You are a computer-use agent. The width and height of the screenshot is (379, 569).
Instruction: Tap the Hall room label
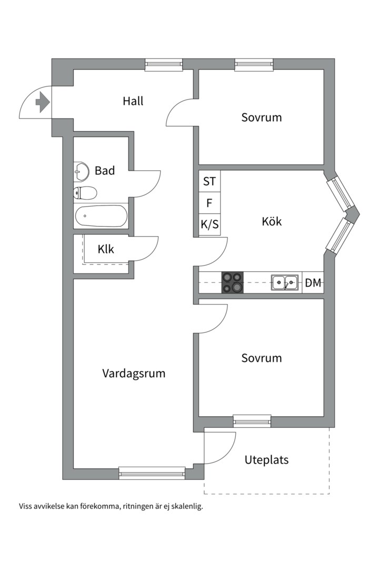point(133,101)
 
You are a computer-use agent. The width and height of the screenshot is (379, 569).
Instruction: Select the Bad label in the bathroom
point(105,171)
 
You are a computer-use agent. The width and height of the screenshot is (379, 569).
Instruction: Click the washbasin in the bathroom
point(81,170)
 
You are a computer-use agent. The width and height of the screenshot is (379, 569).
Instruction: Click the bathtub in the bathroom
point(101,215)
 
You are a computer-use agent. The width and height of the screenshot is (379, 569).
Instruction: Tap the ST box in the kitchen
point(209,181)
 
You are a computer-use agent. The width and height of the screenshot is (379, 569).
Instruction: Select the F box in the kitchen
point(209,203)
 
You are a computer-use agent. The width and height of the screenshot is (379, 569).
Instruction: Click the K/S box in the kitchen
point(209,225)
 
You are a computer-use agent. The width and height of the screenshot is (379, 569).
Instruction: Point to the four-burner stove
point(232,282)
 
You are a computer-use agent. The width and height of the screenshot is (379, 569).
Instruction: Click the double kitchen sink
point(284,283)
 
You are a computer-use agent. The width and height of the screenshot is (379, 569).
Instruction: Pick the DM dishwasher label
point(313,283)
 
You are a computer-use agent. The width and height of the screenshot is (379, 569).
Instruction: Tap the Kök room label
point(272,221)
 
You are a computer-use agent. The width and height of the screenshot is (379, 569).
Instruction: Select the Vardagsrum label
point(134,374)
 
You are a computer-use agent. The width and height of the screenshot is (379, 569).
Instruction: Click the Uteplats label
point(266,460)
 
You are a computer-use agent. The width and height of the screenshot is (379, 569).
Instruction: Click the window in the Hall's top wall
point(164,65)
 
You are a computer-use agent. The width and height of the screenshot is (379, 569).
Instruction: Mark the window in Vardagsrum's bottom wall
point(152,473)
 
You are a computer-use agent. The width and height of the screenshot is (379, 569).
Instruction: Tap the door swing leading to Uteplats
point(220,447)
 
